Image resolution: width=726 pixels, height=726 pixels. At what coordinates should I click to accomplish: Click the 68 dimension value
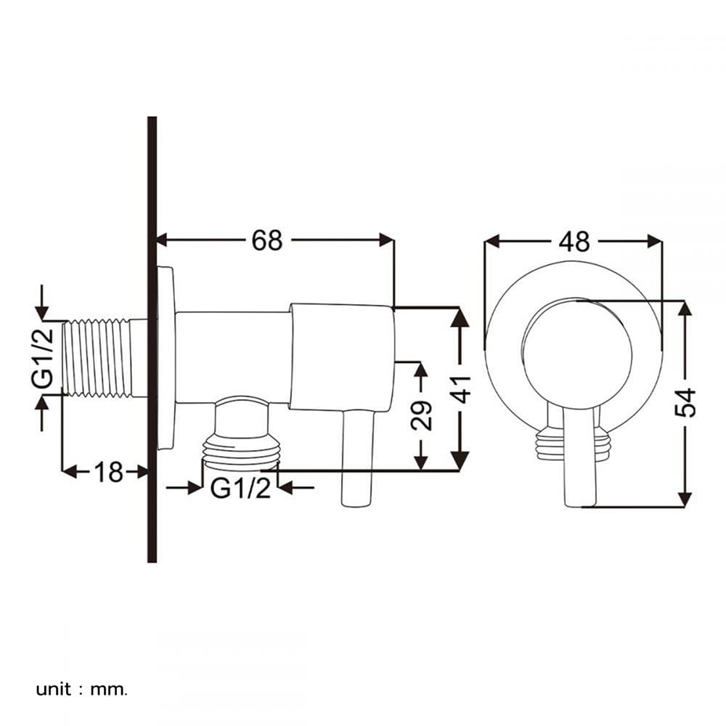266,240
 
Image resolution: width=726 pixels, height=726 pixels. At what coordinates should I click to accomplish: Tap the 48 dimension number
574,242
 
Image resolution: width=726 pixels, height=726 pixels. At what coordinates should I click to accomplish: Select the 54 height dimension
685,403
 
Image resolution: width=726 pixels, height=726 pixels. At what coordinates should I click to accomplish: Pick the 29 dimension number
421,415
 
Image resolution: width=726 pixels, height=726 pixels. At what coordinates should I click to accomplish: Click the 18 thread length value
109,473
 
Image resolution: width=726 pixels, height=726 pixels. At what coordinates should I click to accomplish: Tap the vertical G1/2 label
43,357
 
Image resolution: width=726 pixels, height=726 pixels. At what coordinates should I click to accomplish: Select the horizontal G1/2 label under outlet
240,488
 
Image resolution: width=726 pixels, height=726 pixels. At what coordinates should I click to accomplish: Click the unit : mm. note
81,690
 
